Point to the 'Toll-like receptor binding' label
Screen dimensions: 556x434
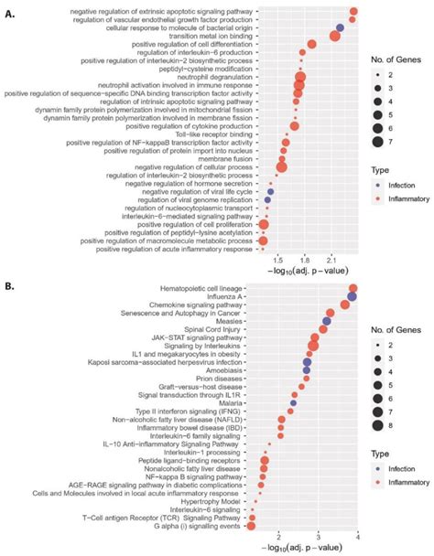208,134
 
